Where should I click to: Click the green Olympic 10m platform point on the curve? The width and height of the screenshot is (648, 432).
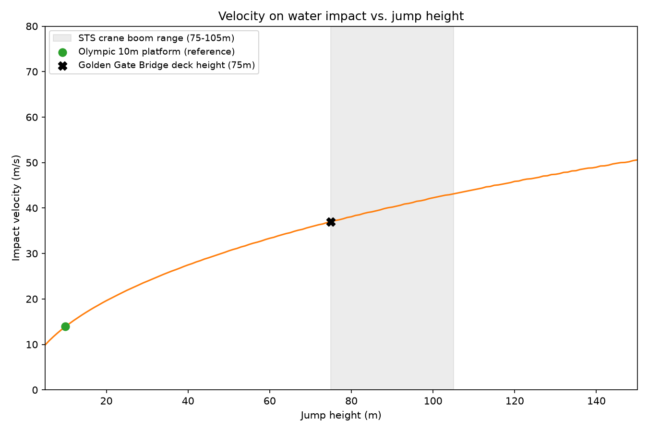[x=65, y=326]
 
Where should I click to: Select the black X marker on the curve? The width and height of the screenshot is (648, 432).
[x=331, y=222]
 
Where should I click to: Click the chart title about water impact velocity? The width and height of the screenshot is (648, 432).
[x=341, y=16]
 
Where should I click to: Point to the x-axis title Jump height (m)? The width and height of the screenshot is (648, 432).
[x=341, y=415]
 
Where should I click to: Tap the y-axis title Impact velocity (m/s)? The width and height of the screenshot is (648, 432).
[x=16, y=208]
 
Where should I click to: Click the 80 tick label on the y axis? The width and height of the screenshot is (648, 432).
[x=32, y=26]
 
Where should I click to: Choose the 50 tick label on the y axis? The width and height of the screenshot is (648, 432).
[x=32, y=163]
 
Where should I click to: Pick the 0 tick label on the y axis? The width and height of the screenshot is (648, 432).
[x=35, y=390]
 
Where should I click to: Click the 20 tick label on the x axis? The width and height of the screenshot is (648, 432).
[x=107, y=401]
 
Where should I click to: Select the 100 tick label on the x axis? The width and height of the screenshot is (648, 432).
[x=433, y=401]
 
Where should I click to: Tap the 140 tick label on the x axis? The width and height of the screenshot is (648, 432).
[x=596, y=401]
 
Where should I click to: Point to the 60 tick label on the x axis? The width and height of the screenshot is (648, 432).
[x=270, y=401]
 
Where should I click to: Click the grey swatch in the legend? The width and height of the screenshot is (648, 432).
[x=62, y=38]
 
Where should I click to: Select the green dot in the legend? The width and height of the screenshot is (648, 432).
[x=62, y=52]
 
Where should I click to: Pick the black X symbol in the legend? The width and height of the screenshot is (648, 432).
[x=62, y=66]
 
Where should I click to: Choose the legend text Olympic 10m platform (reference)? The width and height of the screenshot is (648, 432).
[x=156, y=52]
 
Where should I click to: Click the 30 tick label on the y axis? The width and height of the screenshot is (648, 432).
[x=32, y=254]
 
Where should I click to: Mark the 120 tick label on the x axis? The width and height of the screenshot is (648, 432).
[x=515, y=401]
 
